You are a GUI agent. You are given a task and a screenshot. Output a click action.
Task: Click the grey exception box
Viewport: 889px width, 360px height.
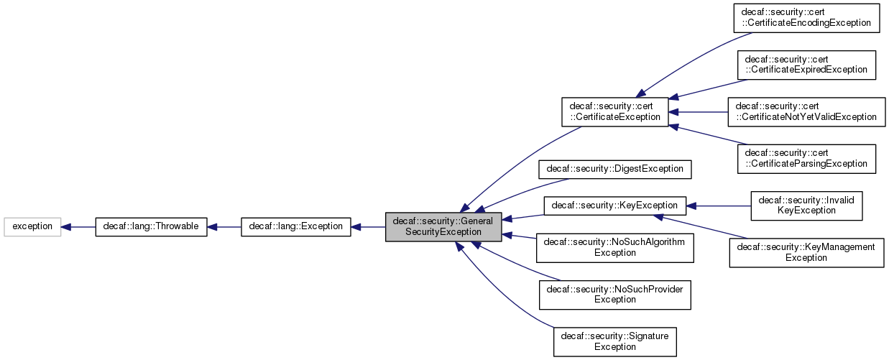pos(32,226)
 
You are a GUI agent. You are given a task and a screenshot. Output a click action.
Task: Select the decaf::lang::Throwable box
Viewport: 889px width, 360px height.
pos(151,226)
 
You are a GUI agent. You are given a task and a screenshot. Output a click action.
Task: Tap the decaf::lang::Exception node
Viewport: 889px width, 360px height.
pos(295,226)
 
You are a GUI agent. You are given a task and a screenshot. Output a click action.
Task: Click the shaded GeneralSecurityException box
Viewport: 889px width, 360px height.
pos(443,226)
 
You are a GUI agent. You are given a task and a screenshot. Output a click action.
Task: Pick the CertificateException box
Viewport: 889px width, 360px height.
pos(614,111)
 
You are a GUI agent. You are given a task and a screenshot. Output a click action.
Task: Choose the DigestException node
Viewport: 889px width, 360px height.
pos(615,170)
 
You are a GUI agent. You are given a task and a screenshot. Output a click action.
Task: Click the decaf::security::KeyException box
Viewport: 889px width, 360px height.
pos(615,206)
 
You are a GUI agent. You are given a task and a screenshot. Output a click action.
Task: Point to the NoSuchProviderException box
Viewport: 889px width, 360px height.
pos(615,294)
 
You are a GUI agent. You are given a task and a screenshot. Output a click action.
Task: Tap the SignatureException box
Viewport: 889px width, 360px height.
pos(615,341)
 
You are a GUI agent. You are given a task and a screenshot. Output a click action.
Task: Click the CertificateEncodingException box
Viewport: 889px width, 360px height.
pos(806,18)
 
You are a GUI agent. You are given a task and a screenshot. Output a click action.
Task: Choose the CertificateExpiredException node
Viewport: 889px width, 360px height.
pos(806,65)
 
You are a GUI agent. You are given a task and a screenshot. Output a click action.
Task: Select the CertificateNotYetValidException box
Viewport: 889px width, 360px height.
pos(806,111)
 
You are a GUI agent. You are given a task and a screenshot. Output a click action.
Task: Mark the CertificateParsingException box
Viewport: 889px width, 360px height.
pos(806,158)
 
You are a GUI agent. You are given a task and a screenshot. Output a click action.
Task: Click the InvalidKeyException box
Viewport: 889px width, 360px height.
pos(806,206)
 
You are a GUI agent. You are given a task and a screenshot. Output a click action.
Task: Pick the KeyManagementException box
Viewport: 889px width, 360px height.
pos(806,252)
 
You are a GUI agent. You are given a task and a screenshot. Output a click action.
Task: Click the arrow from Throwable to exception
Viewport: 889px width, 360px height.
pos(78,226)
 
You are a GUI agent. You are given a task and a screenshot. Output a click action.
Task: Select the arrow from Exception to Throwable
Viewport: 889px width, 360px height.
pos(224,226)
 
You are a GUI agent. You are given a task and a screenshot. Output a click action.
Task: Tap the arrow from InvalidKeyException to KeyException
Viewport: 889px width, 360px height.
pos(719,206)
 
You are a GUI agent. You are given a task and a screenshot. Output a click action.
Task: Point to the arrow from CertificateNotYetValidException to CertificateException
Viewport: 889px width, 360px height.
pos(699,111)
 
